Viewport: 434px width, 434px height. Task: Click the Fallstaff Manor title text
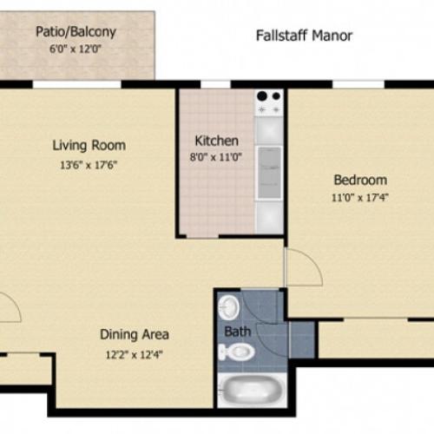304,36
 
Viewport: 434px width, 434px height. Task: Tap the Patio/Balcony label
76,33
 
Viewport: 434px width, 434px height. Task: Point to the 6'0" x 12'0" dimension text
76,49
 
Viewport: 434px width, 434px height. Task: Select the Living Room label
89,145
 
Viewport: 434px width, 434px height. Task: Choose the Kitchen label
216,140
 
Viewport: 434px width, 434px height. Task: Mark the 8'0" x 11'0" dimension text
216,157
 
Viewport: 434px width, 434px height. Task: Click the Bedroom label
359,180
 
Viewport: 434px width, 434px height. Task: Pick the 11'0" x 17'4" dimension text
359,197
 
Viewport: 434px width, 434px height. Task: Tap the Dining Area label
134,333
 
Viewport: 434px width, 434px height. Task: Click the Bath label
237,332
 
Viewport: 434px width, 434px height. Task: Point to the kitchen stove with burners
269,102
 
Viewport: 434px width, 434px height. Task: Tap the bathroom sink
229,307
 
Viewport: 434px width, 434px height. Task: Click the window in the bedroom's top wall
358,84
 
